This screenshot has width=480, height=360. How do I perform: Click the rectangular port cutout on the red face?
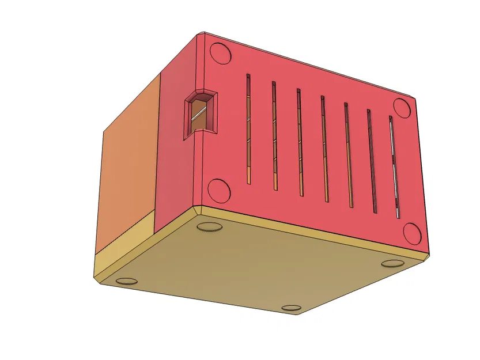click(200, 115)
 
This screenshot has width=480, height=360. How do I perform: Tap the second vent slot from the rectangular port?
click(274, 136)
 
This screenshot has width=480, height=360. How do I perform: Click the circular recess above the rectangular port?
click(221, 52)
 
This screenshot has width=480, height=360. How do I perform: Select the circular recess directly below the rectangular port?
click(218, 190)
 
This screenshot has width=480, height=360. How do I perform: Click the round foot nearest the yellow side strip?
click(127, 281)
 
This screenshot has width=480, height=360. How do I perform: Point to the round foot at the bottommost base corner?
click(293, 309)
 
